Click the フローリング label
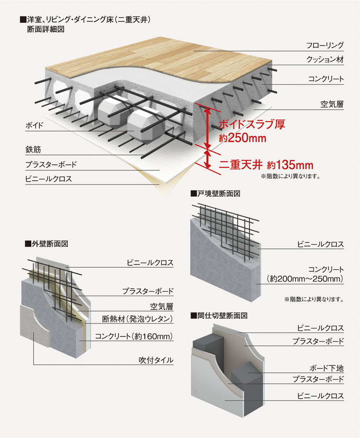click(325, 45)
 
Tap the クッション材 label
click(325, 60)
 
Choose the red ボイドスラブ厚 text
click(252, 124)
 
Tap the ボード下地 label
click(327, 368)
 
